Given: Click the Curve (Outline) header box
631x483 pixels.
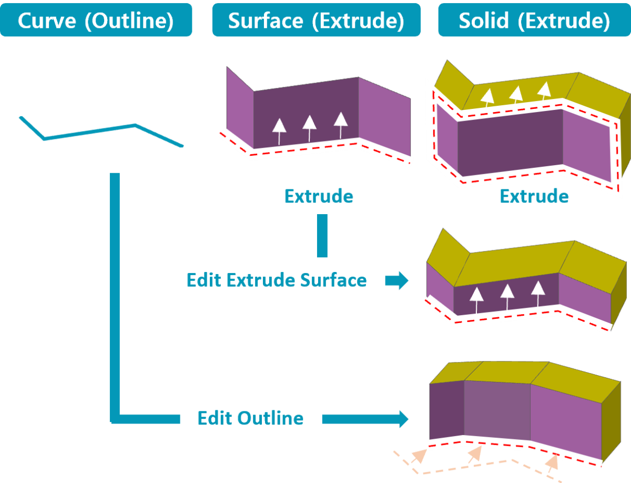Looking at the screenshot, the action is coord(96,20).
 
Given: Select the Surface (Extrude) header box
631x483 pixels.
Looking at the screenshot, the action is coord(316,20).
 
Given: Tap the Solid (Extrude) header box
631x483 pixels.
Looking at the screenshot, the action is coord(534,20).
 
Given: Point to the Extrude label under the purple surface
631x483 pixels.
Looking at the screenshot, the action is coord(319,196).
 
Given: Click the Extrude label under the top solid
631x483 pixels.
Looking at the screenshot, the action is coord(534,196).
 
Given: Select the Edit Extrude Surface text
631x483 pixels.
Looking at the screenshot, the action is coord(277,280).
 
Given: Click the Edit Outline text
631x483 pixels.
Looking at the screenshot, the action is coord(250,418).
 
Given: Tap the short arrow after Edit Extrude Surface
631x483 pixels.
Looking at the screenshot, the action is coord(396,280).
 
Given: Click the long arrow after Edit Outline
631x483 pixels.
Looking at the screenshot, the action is coord(365,419).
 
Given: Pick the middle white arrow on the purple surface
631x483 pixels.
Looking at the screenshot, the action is coord(310,128).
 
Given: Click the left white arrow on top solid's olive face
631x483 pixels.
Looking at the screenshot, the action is coord(487,98).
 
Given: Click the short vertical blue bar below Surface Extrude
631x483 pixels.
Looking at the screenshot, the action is coord(322,236).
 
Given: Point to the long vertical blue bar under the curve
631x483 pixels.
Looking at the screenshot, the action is coord(115,298).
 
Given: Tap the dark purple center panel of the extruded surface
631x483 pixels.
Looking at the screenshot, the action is coord(306,113).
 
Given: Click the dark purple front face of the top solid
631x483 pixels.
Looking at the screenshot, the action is coord(510,143).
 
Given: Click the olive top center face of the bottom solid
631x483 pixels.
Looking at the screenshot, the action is coord(506,372).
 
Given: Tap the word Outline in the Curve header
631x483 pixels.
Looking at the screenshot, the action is coord(129,21).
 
